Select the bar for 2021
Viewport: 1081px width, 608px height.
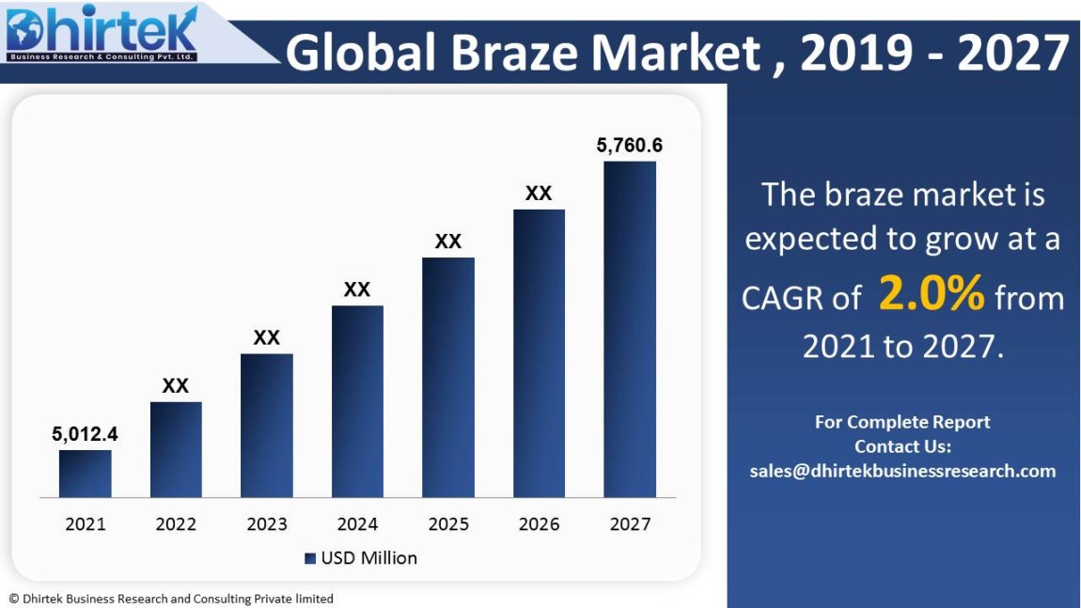86,474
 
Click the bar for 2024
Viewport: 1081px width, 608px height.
357,401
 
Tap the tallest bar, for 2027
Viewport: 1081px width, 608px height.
630,329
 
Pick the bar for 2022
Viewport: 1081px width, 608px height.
176,449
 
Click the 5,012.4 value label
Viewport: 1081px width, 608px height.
85,434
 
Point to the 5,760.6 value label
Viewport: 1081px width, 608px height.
630,146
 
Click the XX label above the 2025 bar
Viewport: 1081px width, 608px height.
448,242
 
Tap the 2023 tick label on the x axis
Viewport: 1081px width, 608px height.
267,524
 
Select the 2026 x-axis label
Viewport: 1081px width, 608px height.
539,524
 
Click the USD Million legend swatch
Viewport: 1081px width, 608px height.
310,558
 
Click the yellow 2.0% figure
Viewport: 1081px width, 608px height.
932,295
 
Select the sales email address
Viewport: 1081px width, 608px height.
902,471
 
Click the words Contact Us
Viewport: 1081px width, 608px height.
902,446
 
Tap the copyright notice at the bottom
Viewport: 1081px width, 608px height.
171,599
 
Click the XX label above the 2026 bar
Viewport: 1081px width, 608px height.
539,194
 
